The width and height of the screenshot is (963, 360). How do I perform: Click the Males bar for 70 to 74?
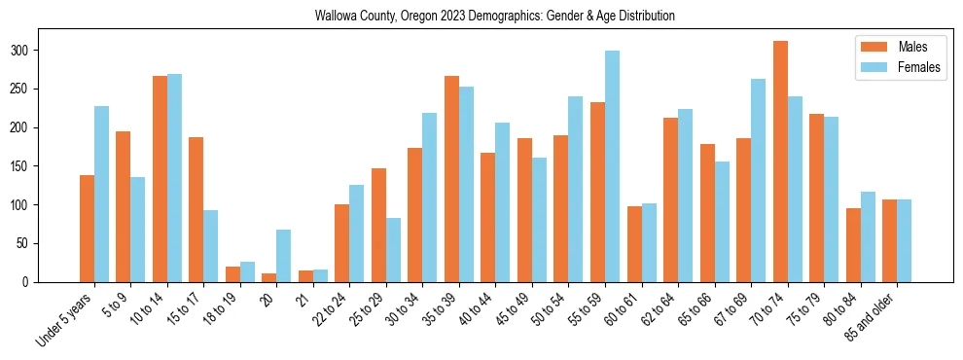click(x=780, y=162)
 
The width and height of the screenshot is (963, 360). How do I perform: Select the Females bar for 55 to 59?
click(x=613, y=166)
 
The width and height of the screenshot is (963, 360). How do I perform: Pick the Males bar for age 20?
click(x=269, y=277)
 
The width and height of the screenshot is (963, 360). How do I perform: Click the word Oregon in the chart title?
click(x=421, y=17)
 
